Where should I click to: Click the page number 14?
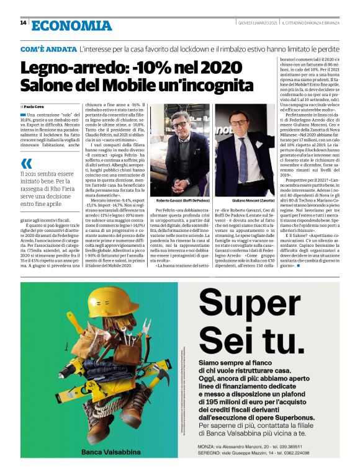pyautogui.click(x=23, y=23)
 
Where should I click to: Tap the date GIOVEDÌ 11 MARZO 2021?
pyautogui.click(x=254, y=24)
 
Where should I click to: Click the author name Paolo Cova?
pyautogui.click(x=35, y=107)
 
